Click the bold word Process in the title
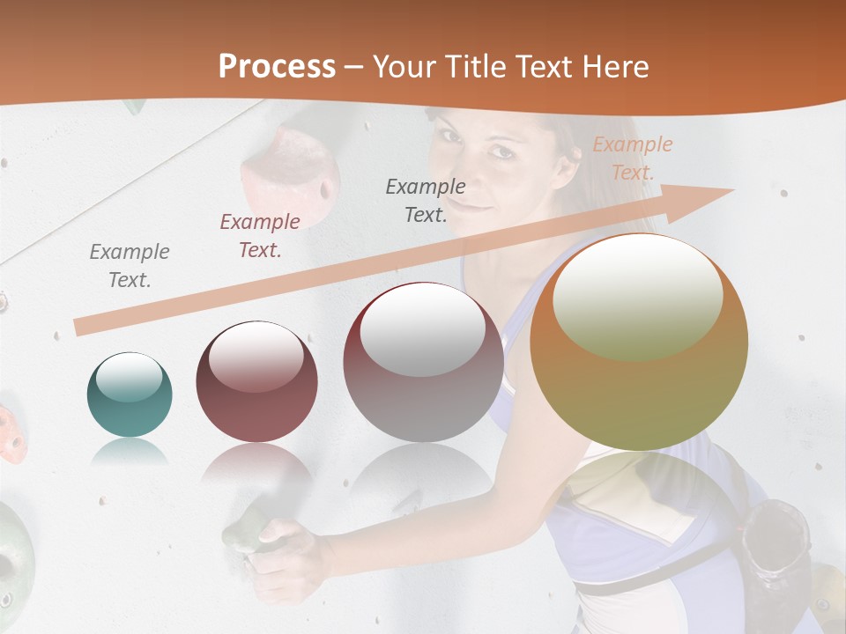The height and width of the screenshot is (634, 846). pyautogui.click(x=277, y=66)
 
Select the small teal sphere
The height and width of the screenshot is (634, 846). pyautogui.click(x=130, y=394)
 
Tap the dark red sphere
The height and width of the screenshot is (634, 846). pyautogui.click(x=256, y=381)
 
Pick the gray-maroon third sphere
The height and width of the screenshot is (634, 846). pyautogui.click(x=423, y=362)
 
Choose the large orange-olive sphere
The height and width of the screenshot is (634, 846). pyautogui.click(x=639, y=342)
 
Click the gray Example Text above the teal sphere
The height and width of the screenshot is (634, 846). pyautogui.click(x=130, y=266)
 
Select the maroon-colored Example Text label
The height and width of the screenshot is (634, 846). pyautogui.click(x=260, y=236)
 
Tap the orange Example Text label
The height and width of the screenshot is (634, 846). pyautogui.click(x=632, y=158)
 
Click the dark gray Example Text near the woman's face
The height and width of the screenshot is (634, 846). pyautogui.click(x=426, y=200)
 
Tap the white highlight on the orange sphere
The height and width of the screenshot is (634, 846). pyautogui.click(x=638, y=295)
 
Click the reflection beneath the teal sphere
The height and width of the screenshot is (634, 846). pyautogui.click(x=130, y=453)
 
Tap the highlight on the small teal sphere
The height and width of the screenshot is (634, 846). pyautogui.click(x=130, y=378)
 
